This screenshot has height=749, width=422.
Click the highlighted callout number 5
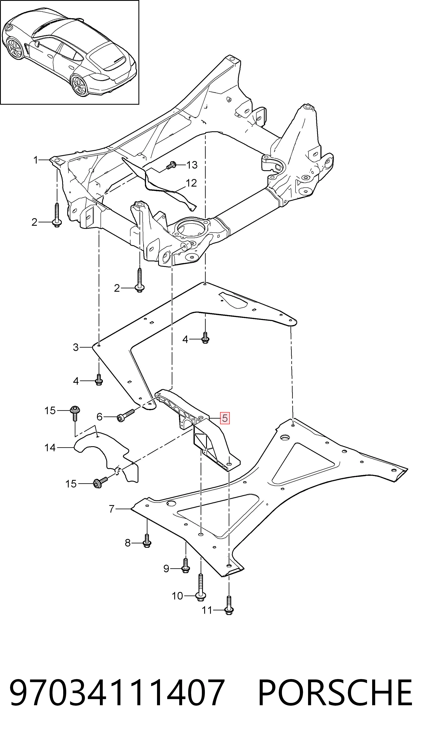[225, 418]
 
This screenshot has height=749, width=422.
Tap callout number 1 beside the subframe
[36, 160]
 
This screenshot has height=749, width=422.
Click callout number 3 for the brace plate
[76, 347]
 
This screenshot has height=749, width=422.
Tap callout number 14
[50, 447]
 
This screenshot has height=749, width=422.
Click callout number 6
[99, 417]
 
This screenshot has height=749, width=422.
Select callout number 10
[177, 596]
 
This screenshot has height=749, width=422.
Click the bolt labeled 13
[171, 165]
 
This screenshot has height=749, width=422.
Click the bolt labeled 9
[186, 566]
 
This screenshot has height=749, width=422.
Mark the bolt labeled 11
[229, 605]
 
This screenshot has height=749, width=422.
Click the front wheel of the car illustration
[15, 49]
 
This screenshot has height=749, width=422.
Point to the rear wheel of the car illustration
[79, 85]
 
